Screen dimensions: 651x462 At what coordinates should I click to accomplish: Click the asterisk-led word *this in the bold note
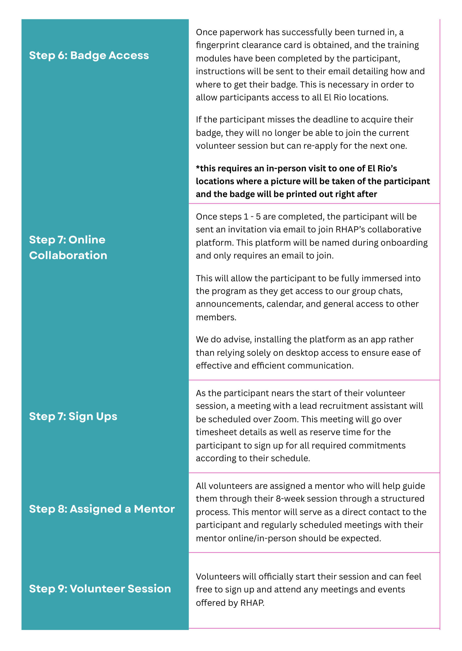point(206,168)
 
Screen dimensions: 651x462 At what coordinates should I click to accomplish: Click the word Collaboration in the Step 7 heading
point(68,255)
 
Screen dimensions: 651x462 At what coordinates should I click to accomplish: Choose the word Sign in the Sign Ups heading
point(81,417)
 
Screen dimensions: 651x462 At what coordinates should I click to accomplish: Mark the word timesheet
point(217,432)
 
